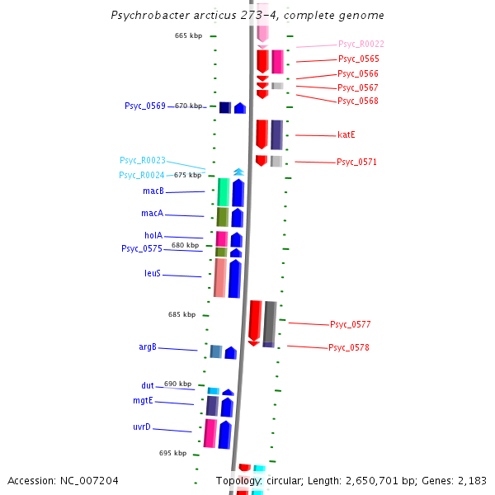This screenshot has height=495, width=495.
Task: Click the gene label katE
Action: point(346,134)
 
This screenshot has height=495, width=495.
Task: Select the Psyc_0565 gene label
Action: point(358,59)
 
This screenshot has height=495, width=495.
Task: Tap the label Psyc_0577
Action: point(350,324)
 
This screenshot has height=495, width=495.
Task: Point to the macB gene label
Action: point(153,191)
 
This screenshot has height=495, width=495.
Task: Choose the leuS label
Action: point(153,273)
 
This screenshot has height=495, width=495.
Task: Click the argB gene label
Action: point(148,347)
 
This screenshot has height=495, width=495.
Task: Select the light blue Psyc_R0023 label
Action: point(143,160)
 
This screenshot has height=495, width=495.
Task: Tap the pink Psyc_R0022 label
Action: point(361,44)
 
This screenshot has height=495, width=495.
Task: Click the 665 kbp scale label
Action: point(188,35)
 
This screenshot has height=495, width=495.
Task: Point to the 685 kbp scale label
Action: point(181,314)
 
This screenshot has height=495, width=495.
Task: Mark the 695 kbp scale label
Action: point(172,453)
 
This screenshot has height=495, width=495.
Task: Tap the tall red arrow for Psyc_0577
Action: point(255,321)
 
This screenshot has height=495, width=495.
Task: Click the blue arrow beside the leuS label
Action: point(234,278)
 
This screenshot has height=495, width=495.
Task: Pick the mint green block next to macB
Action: point(223,191)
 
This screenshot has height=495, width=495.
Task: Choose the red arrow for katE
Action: point(262,134)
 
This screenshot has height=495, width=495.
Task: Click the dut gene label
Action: point(148,385)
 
